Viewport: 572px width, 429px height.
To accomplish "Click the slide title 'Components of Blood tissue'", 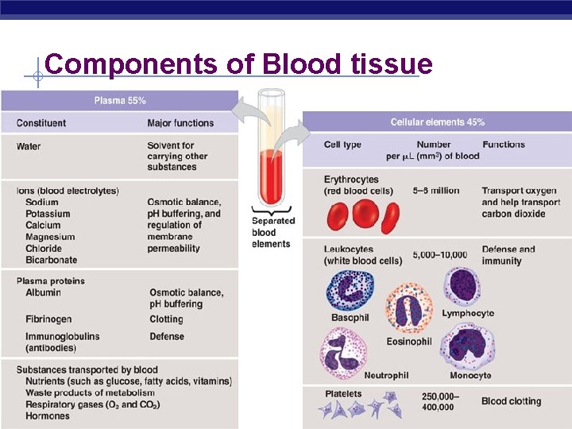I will pos(238,64).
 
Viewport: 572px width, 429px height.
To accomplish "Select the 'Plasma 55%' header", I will pos(119,101).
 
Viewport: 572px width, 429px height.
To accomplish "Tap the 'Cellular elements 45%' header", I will pos(437,122).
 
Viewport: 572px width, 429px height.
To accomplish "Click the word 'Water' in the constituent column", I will pos(29,146).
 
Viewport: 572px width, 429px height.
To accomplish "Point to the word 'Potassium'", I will pos(48,214).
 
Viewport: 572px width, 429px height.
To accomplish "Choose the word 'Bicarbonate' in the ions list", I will pos(51,260).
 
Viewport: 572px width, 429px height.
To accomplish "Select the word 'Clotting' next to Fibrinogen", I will pos(166,319).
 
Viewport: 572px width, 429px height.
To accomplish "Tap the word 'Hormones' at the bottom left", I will pos(48,415).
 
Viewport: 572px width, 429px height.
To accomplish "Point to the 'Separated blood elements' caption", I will pos(272,232).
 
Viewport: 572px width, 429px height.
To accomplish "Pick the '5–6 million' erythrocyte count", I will pos(435,191).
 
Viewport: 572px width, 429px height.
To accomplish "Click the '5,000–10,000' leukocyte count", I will pos(439,255).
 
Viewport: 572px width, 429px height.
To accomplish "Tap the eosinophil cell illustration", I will pos(408,310).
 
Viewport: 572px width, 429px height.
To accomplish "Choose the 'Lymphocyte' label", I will pos(468,313).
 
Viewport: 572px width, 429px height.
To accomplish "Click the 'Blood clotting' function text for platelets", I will pos(511,401).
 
